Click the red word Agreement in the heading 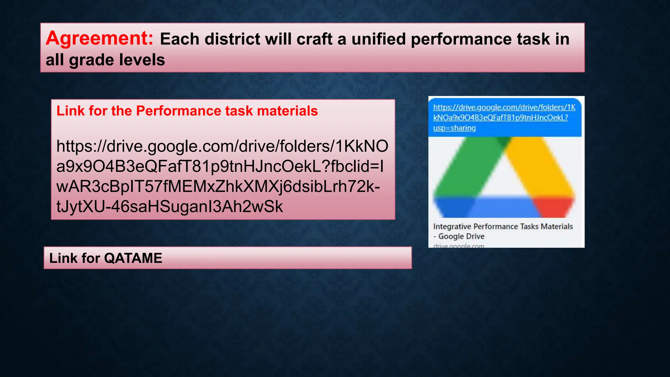99,38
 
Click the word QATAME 133,258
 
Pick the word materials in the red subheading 287,111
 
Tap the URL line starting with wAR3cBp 218,187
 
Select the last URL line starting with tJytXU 169,207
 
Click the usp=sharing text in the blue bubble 454,128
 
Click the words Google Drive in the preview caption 461,236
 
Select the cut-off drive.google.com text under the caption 458,246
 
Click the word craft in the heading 315,39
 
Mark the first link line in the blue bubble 504,107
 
